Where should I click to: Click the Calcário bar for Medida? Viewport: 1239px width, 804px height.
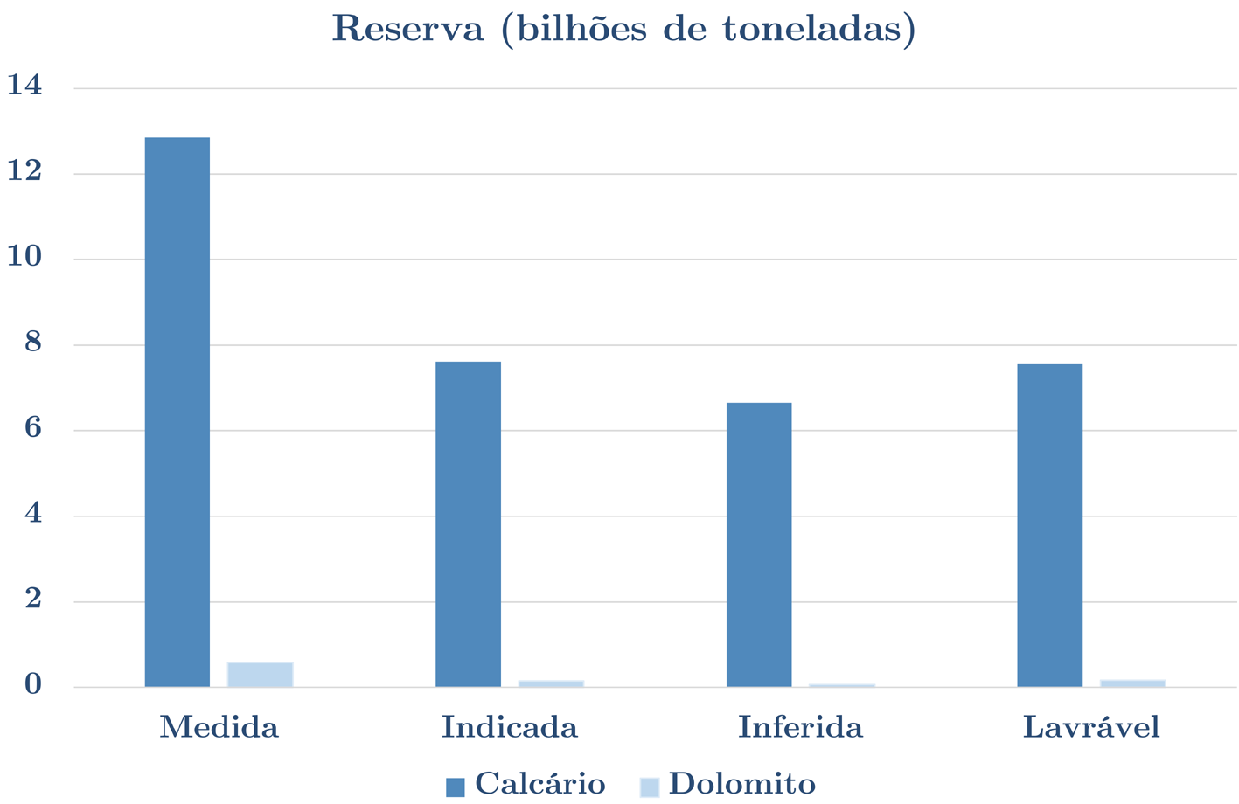tap(177, 412)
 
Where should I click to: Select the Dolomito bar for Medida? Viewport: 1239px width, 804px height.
tap(260, 675)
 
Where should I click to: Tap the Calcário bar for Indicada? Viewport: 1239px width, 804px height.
tap(468, 523)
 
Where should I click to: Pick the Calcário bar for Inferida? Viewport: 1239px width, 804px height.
tap(759, 544)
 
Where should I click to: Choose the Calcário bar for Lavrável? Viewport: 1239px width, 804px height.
tap(1049, 524)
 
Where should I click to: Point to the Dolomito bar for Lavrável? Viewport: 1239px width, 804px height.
tap(1132, 683)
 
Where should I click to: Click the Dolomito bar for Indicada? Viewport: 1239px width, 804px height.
tap(551, 683)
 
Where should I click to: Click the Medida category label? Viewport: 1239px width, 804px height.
tap(219, 727)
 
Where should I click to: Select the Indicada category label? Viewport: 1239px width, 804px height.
tap(509, 727)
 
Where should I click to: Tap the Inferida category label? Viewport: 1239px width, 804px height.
tap(800, 727)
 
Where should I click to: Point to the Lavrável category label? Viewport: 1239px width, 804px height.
tap(1091, 727)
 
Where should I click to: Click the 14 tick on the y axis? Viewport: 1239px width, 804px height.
tap(24, 86)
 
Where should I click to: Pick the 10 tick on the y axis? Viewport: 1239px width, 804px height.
tap(24, 257)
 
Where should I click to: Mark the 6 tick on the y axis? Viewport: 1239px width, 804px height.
tap(33, 428)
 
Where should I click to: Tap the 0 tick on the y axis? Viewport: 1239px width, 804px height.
tap(33, 685)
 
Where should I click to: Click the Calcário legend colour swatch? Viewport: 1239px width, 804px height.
tap(455, 787)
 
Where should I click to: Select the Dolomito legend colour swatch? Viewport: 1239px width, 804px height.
tap(649, 787)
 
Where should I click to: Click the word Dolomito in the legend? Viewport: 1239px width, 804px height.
tap(741, 784)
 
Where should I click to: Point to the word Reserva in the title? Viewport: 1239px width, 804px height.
tap(407, 29)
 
